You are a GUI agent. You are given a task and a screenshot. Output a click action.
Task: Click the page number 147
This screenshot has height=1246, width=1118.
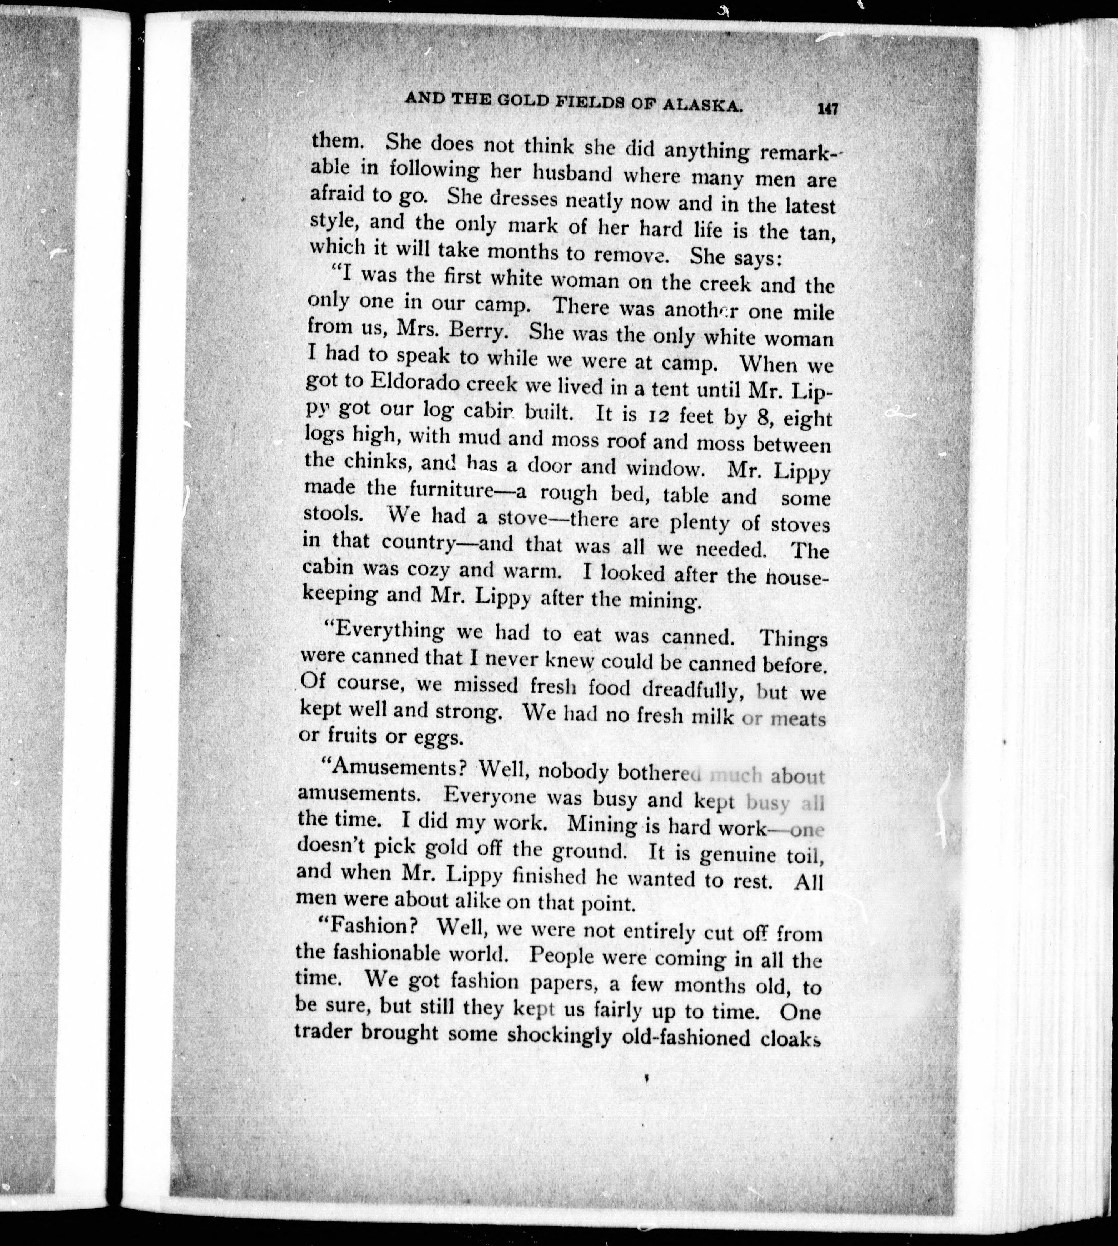point(827,109)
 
